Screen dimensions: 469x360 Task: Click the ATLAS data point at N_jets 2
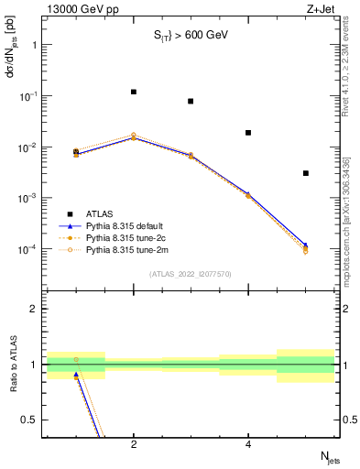tap(134, 92)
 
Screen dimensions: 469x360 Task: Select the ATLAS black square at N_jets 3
tap(191, 101)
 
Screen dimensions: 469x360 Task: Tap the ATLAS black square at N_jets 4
tap(248, 133)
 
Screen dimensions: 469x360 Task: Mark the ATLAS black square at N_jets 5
tap(306, 173)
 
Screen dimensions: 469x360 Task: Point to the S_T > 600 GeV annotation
tap(190, 36)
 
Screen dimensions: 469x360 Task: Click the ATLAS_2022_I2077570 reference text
tap(191, 274)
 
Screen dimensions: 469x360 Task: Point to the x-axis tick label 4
tap(248, 445)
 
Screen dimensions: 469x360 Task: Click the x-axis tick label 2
tap(134, 445)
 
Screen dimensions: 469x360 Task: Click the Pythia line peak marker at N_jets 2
tap(134, 136)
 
